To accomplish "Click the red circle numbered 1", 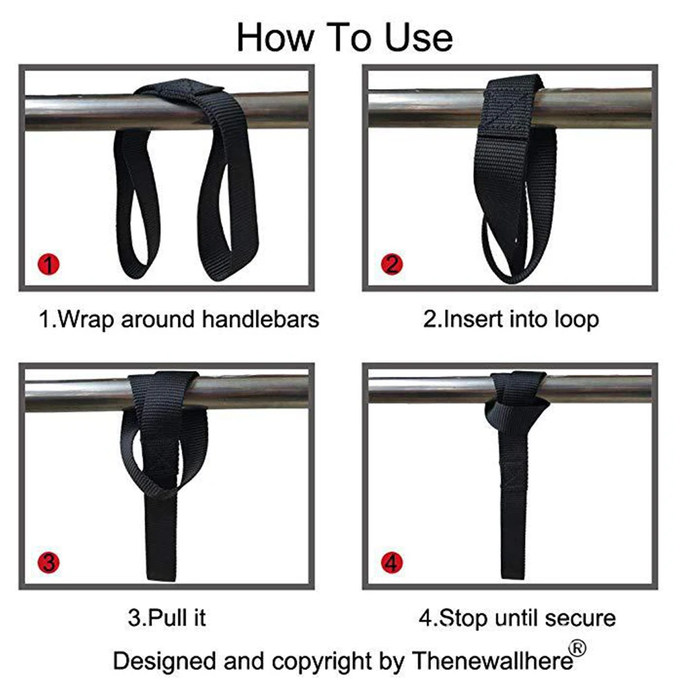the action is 48,264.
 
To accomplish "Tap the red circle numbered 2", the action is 391,264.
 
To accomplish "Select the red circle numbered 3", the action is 48,563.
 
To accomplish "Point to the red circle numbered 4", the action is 391,563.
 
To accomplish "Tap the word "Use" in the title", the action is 419,38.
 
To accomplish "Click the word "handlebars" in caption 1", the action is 261,319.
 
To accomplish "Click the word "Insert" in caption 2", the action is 467,319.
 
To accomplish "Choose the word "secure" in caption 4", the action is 580,618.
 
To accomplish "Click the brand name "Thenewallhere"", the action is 492,661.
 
